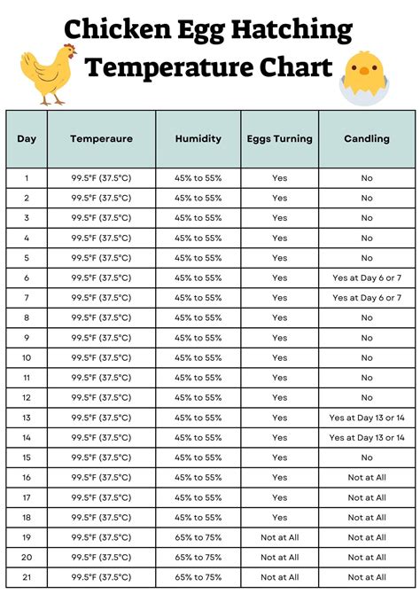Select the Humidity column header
point(198,139)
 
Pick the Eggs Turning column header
point(279,139)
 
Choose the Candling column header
point(366,139)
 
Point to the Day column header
point(27,139)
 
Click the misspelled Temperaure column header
point(101,139)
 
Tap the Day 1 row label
point(27,178)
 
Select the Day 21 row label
point(27,576)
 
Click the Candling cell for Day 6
point(366,277)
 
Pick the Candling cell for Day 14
point(366,437)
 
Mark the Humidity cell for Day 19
point(198,536)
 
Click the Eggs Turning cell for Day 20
point(279,557)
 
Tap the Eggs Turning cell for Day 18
point(279,517)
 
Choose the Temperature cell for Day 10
point(101,357)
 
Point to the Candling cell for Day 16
point(366,477)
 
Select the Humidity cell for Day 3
point(198,218)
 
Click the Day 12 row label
point(27,397)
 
